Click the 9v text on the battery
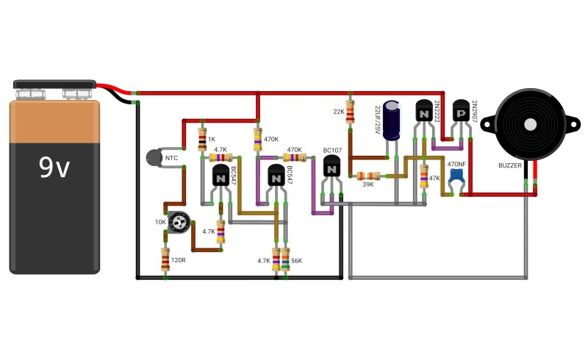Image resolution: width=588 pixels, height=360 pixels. point(54,168)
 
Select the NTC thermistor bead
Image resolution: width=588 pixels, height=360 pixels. point(154,157)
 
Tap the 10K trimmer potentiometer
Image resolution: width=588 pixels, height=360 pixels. point(179,222)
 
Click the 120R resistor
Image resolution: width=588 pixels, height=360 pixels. point(165,259)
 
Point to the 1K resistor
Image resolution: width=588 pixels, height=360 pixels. point(202,139)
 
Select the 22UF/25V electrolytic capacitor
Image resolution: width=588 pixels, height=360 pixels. point(392,120)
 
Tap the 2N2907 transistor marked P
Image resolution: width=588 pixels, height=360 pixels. point(461,110)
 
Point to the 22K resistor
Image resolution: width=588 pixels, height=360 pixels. point(350,112)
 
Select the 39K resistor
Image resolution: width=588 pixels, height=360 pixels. point(368,176)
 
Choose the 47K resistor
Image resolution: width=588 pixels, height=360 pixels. point(424,176)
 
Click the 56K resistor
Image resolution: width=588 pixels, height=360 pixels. point(285,259)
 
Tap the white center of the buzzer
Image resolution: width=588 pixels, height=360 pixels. point(530,124)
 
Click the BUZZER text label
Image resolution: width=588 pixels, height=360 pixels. point(509,165)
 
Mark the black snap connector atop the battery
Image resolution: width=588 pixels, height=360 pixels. point(54,84)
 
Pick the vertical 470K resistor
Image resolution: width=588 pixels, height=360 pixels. point(258,139)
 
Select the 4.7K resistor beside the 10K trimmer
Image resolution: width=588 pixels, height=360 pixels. point(221,231)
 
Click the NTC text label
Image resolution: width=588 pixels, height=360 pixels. point(171,158)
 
